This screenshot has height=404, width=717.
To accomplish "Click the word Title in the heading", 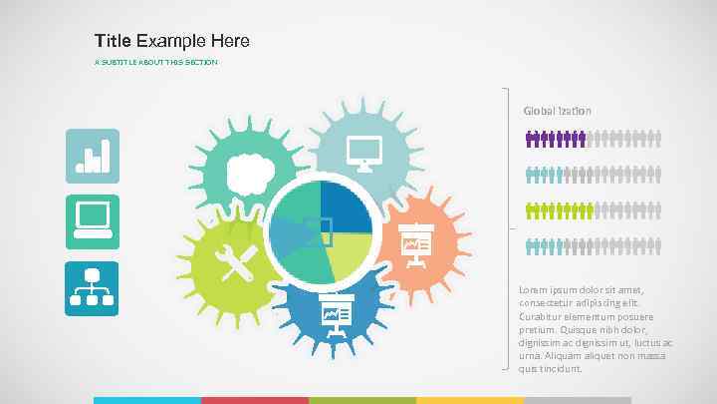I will coord(114,41).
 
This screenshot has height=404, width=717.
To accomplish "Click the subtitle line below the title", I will coord(155,63).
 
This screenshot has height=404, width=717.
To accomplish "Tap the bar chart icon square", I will coord(92,156).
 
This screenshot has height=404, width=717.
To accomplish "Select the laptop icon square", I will coord(92,221).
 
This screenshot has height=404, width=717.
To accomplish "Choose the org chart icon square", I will coord(92,288).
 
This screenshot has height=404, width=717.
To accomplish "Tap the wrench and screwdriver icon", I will coord(239,262).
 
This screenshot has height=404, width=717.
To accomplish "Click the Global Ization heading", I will coord(558,111).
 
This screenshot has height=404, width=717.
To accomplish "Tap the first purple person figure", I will coord(530,141).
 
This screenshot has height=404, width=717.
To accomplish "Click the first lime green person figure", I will coord(530,210).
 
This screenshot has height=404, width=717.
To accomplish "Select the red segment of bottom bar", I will coord(255,400).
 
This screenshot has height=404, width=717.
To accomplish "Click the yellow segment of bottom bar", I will coord(470,400).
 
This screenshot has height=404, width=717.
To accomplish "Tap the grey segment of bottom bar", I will coord(578,400).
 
